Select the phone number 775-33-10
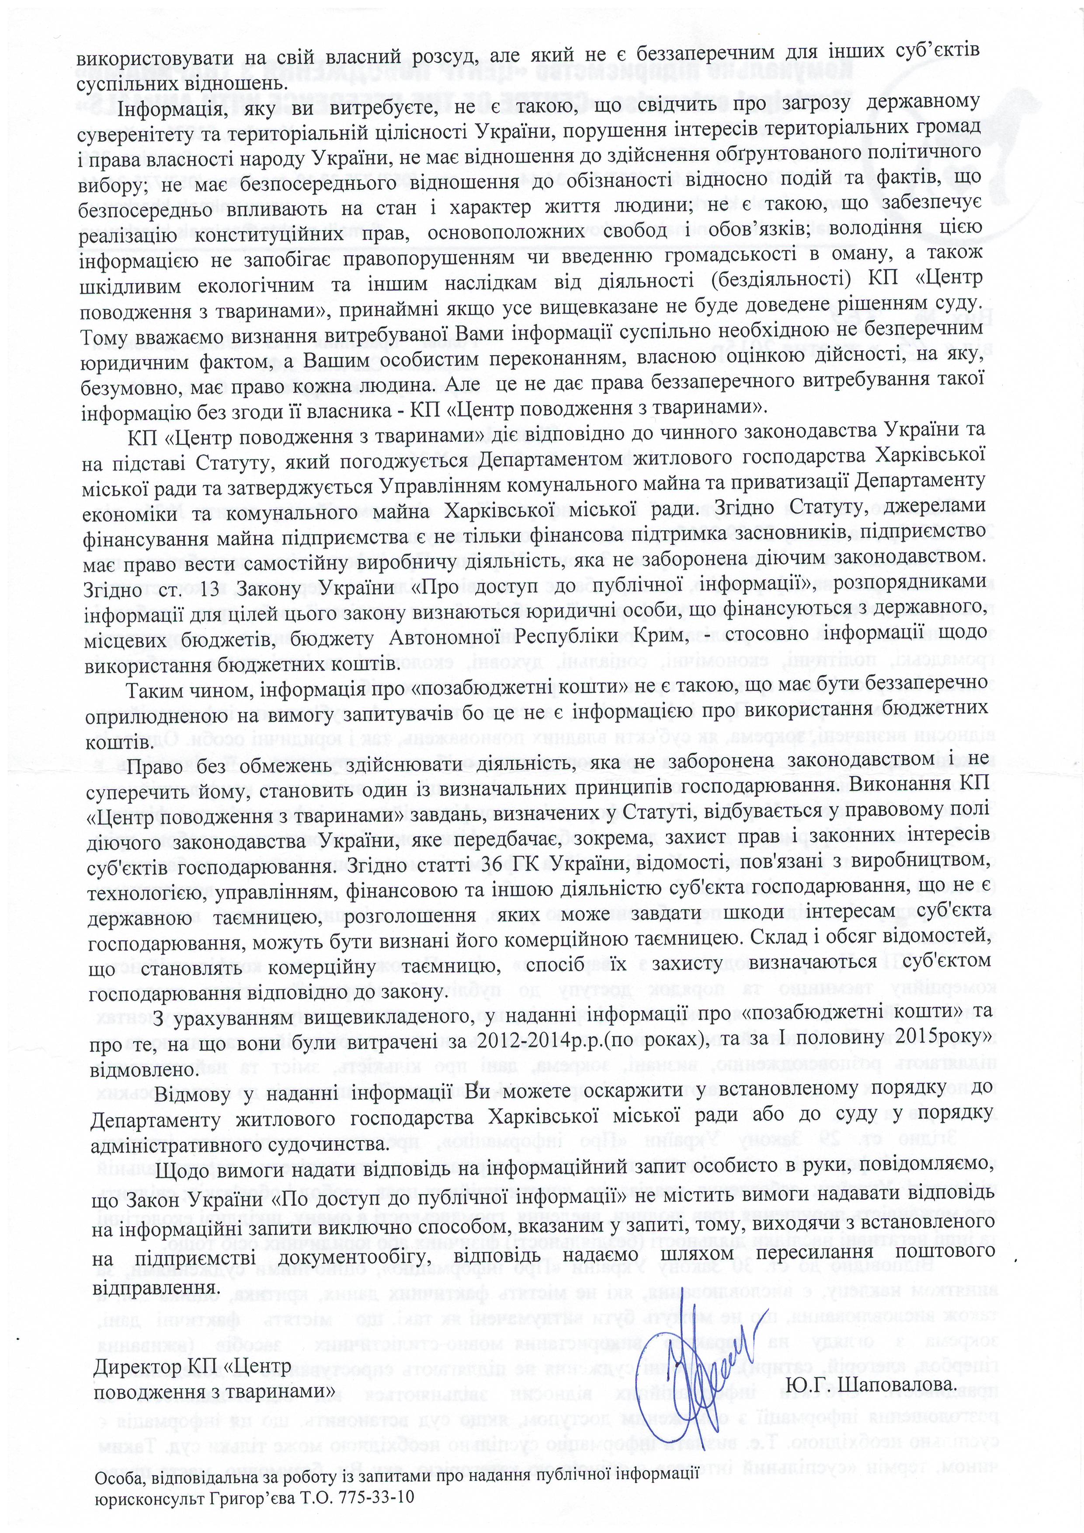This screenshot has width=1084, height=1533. coord(375,1510)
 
